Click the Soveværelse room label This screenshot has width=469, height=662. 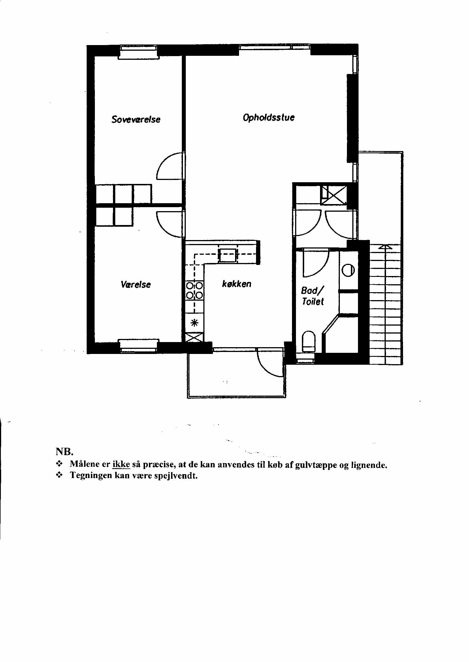136,119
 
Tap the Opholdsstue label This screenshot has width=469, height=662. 268,118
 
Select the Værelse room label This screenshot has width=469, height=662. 136,285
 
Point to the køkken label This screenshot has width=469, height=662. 236,284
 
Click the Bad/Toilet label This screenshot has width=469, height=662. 312,296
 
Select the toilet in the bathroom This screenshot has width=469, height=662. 309,341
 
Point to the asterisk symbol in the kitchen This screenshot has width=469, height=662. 195,323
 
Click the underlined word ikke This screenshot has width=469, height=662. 121,464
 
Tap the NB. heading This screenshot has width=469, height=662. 65,451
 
